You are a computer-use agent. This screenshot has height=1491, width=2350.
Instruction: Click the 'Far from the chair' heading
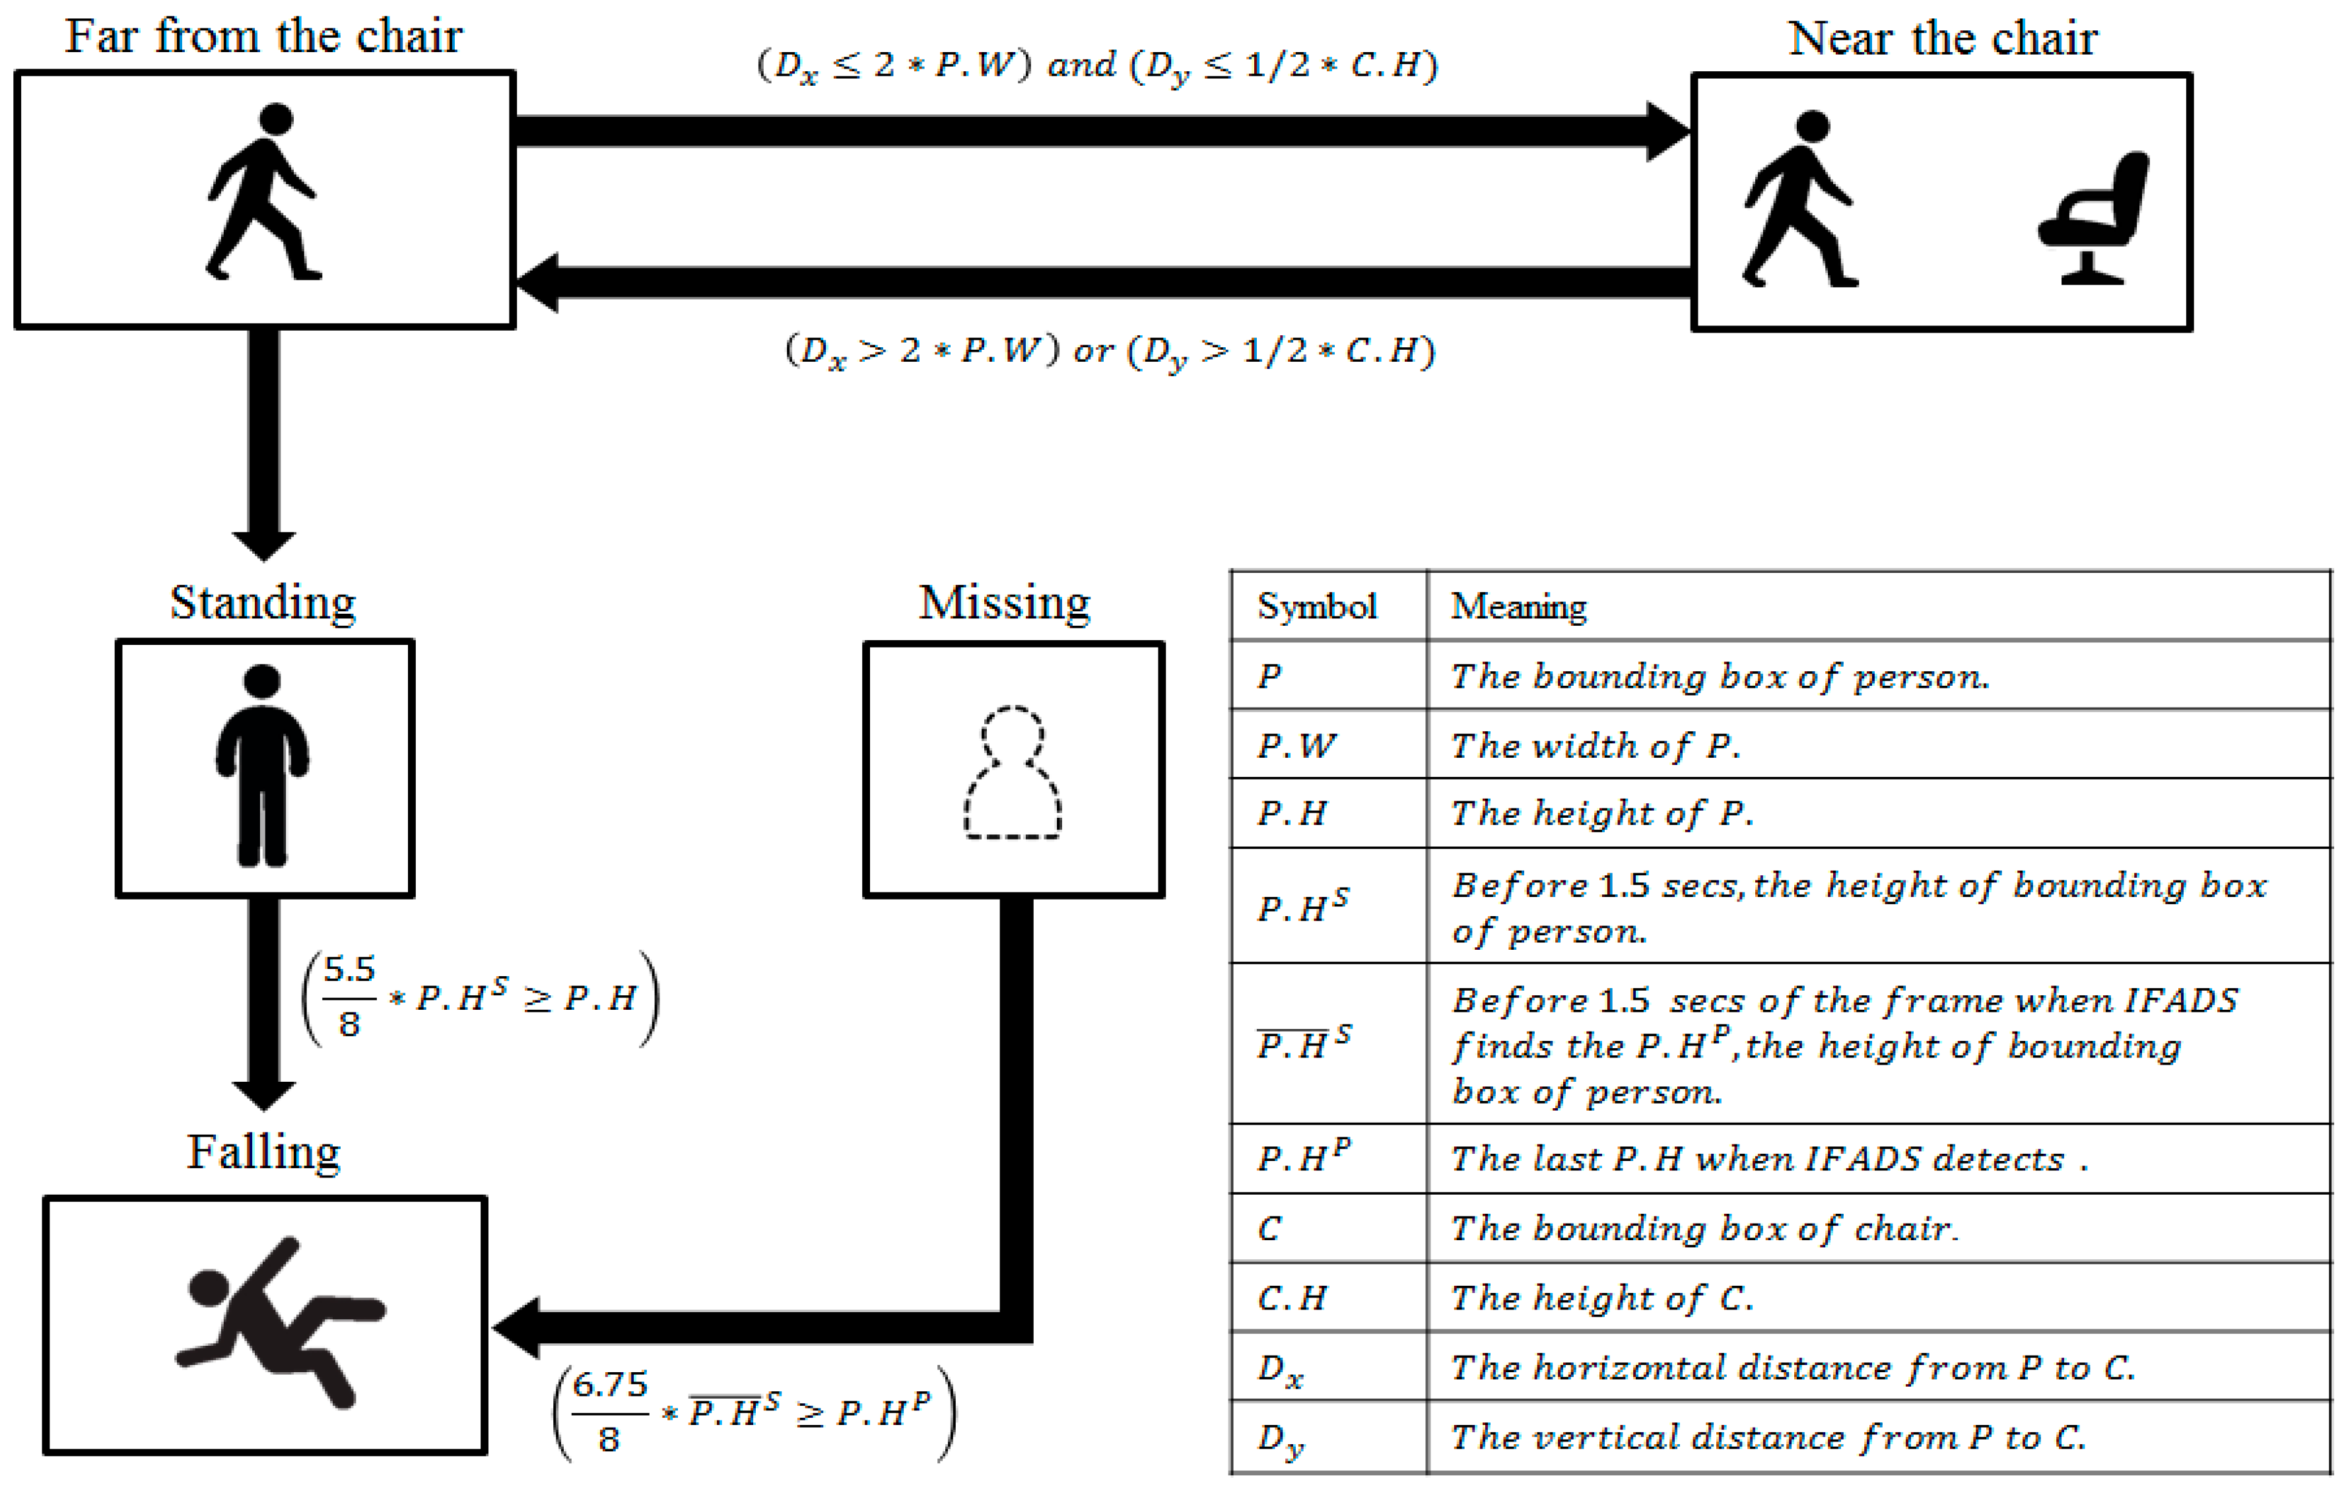click(263, 37)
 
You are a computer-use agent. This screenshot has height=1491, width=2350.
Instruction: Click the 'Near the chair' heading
click(1942, 39)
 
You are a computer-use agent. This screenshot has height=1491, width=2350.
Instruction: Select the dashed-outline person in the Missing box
click(1013, 772)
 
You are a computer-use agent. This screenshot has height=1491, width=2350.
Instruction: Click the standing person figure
click(263, 766)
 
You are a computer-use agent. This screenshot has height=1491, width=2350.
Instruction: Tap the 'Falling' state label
click(263, 1152)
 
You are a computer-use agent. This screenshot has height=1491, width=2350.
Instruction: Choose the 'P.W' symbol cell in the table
click(1296, 746)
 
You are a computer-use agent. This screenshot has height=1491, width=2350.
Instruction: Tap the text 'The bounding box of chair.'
click(1704, 1228)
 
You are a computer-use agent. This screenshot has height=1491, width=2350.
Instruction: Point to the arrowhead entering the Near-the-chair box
click(1669, 131)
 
